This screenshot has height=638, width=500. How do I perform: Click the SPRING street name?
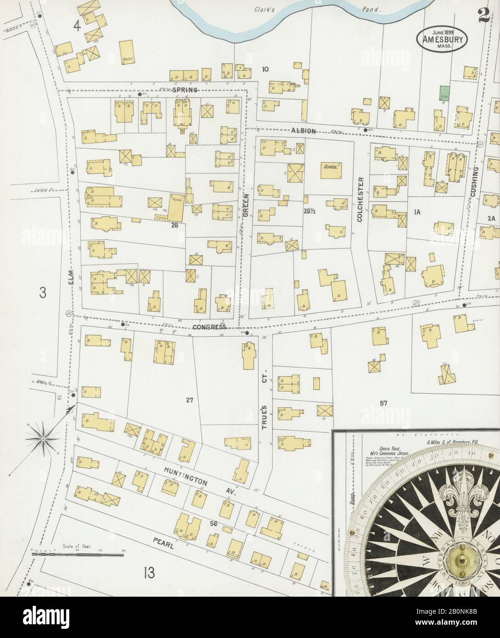pos(185,90)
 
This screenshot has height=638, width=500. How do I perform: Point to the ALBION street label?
pos(303,131)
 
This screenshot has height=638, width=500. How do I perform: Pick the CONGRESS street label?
pos(210,327)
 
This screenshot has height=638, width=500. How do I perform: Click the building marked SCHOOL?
pos(331,168)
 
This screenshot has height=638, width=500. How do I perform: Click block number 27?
pos(190,400)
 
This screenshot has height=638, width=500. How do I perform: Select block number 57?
pos(383,403)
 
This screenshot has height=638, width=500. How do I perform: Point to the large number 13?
pos(149,573)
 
